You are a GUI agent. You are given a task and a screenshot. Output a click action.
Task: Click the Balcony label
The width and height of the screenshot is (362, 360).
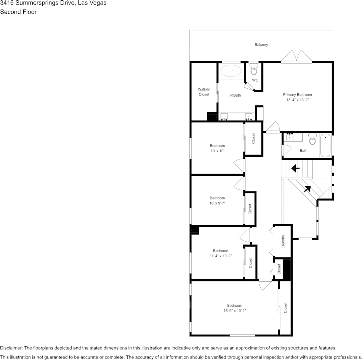point(261,45)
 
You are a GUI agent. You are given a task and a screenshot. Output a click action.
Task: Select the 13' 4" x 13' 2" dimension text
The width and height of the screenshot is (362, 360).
point(297,100)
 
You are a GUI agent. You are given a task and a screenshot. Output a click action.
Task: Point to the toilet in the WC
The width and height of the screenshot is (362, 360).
point(254,70)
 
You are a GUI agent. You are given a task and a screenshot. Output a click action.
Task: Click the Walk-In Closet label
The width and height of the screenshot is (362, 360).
point(204,92)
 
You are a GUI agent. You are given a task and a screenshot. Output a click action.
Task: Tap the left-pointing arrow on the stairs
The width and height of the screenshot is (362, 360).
point(295,168)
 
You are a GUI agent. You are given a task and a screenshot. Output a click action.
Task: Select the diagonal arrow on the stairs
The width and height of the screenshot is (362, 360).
point(307,188)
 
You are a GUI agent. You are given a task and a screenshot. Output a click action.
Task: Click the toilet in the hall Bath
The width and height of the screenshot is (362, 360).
point(312,139)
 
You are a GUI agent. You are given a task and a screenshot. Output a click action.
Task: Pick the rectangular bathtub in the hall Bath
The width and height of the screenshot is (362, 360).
point(325,145)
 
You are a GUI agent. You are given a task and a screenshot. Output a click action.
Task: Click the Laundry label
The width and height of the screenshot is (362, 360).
point(283,241)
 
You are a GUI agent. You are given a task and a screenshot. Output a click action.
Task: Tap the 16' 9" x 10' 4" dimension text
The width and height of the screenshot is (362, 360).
point(235,311)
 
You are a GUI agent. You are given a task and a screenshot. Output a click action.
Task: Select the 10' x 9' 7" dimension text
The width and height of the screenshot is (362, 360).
point(217,203)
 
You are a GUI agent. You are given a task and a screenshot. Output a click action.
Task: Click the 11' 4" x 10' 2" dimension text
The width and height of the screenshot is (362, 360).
point(220,256)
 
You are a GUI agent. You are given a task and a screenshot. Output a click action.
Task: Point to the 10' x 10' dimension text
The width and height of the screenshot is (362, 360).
point(217,151)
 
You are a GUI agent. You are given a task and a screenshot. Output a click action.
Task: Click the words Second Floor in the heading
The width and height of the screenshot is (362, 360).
point(18,12)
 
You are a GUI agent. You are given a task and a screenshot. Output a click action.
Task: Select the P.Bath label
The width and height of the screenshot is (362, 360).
point(235,95)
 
